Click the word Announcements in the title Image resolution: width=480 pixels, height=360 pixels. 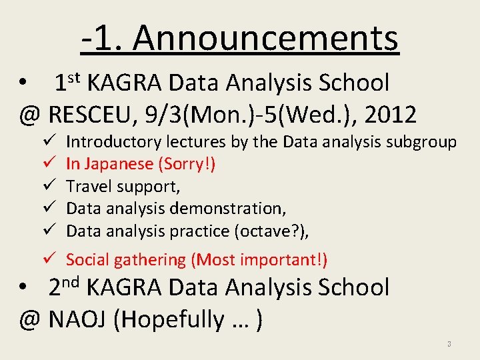pyautogui.click(x=265, y=38)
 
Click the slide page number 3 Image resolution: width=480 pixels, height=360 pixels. pyautogui.click(x=449, y=345)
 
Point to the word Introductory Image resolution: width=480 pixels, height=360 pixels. pyautogui.click(x=113, y=142)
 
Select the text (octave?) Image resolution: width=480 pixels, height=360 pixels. pyautogui.click(x=273, y=231)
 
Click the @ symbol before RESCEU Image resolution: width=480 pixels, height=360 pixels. pyautogui.click(x=30, y=115)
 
